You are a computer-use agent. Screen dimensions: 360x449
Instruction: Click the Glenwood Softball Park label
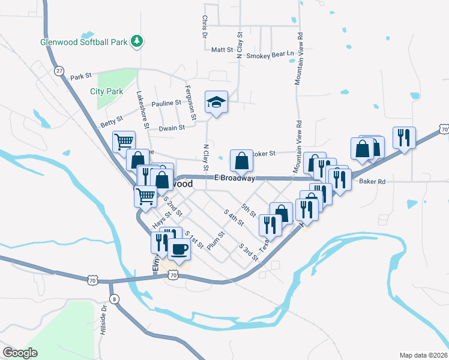click(x=85, y=43)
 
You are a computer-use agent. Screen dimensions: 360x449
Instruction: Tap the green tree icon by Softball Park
click(x=138, y=41)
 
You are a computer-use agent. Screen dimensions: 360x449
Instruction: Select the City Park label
click(x=106, y=92)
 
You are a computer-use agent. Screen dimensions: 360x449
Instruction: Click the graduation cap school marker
click(x=216, y=103)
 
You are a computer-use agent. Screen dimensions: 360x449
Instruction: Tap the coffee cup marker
click(x=179, y=248)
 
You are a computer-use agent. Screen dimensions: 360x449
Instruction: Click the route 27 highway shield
click(x=59, y=71)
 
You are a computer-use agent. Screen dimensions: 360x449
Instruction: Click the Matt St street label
click(x=222, y=50)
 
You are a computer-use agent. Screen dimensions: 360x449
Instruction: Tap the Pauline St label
click(x=166, y=103)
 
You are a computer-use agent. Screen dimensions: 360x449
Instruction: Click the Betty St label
click(x=111, y=122)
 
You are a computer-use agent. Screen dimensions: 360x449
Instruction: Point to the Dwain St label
click(x=172, y=128)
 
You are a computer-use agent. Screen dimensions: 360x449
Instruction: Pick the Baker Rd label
click(x=372, y=181)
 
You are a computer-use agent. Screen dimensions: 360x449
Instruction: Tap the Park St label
click(x=80, y=77)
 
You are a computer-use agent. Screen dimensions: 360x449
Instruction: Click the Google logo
click(x=19, y=353)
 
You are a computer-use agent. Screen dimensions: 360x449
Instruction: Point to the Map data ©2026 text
click(x=423, y=355)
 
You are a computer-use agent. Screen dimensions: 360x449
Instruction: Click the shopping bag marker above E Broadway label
click(x=241, y=161)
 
